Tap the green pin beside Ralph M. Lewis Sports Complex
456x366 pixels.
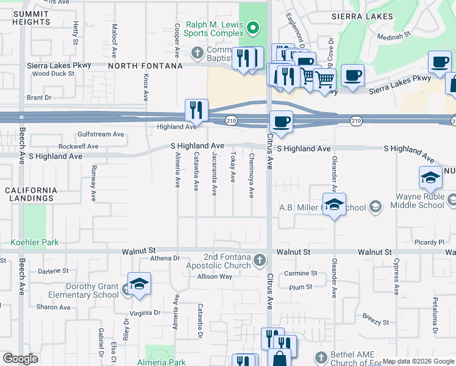(255, 27)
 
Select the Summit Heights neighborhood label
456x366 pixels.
(31, 18)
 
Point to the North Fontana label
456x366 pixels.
(146, 66)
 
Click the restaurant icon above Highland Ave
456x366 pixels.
(196, 110)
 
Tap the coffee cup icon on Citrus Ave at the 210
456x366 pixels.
(280, 122)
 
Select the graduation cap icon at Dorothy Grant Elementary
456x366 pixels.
(139, 284)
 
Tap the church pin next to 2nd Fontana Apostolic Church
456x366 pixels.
(260, 260)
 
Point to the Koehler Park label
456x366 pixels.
(35, 242)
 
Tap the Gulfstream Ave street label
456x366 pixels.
(101, 134)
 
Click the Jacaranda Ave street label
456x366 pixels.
(214, 174)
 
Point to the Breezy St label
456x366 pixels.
(375, 322)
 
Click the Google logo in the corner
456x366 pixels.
(20, 359)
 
